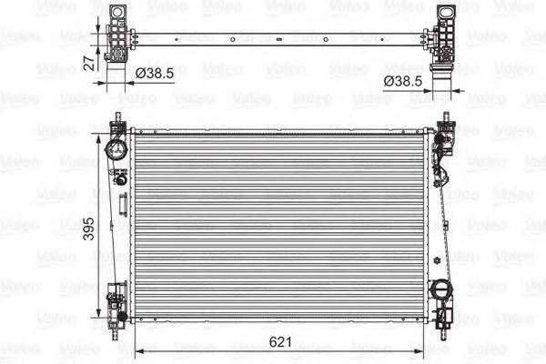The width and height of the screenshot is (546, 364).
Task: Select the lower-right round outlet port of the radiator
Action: point(441,291)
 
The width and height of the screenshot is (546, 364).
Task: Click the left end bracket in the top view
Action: point(116,36)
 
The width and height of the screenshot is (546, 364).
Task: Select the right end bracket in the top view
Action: point(446,36)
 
